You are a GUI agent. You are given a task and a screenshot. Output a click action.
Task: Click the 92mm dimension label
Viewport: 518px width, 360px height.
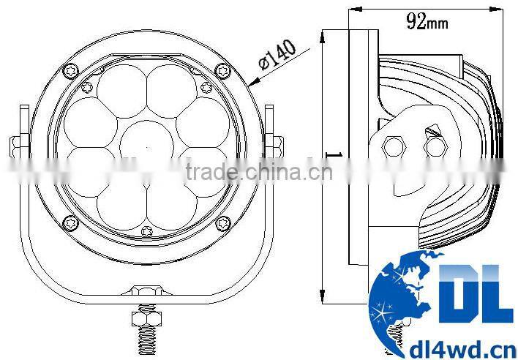coord(427,21)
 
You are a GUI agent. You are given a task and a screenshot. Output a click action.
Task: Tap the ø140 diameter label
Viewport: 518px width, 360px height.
coord(277,54)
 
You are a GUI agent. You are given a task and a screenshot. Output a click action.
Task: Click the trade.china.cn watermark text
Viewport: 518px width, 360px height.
coord(259,172)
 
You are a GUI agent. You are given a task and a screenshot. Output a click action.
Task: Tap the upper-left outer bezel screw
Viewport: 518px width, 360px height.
coord(71,71)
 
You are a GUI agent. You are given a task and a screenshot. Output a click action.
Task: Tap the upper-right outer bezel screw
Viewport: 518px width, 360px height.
coord(222,71)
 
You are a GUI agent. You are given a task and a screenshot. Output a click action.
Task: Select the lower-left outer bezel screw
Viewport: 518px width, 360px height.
coord(71,222)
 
